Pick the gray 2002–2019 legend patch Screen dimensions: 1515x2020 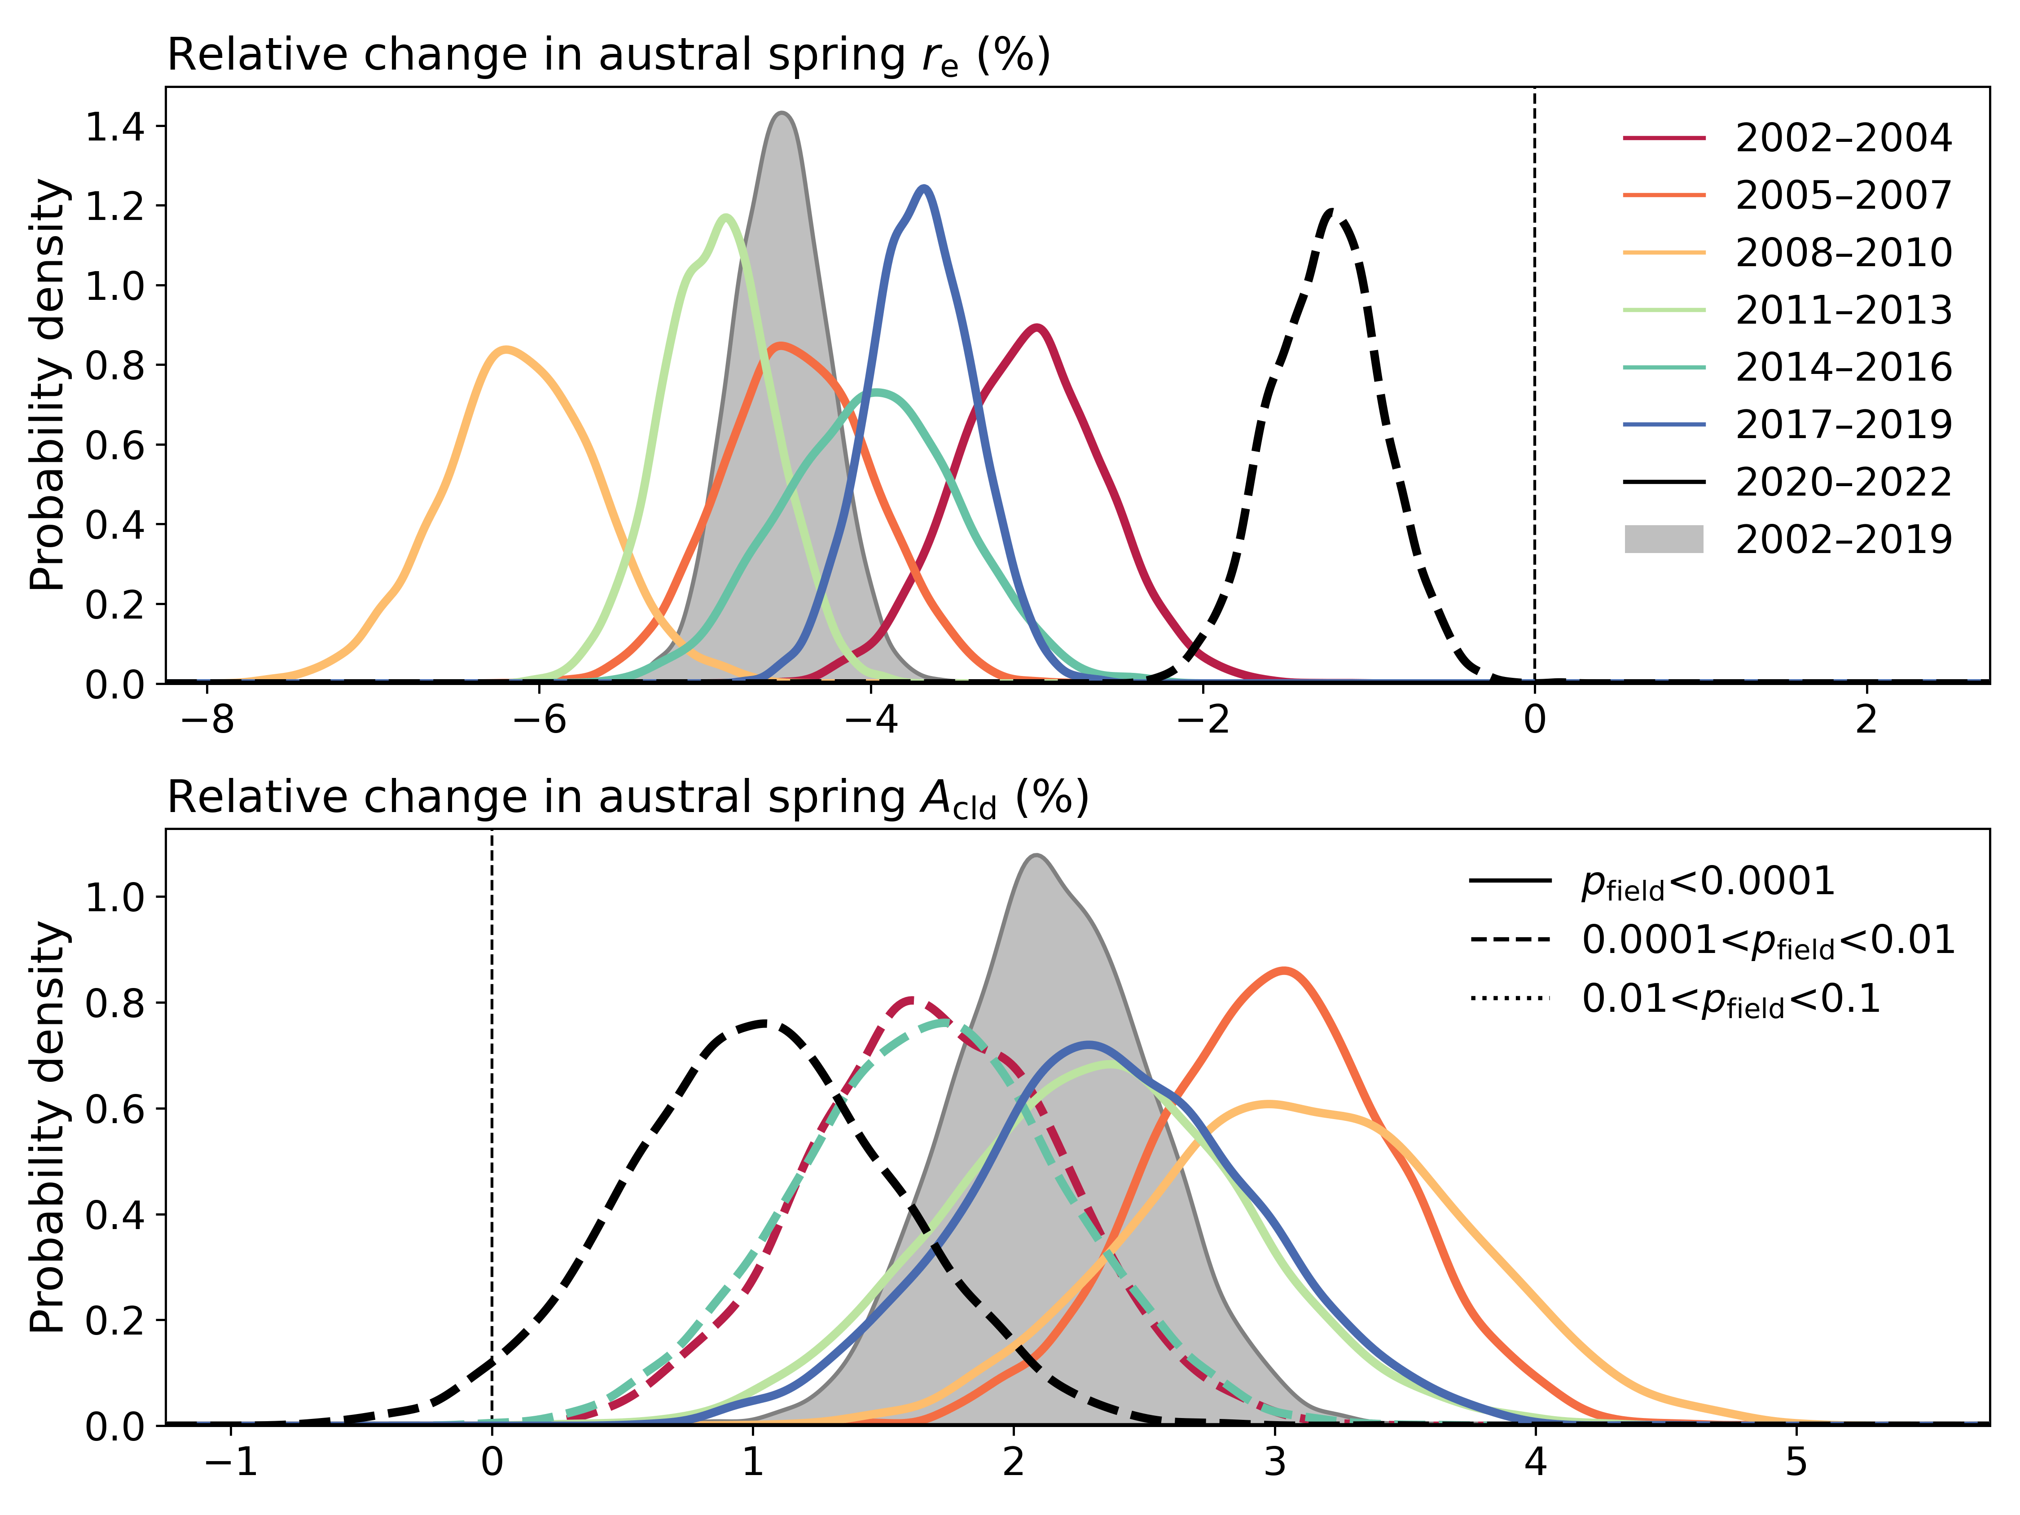click(1664, 539)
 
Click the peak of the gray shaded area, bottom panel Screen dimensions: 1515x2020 click(1035, 856)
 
